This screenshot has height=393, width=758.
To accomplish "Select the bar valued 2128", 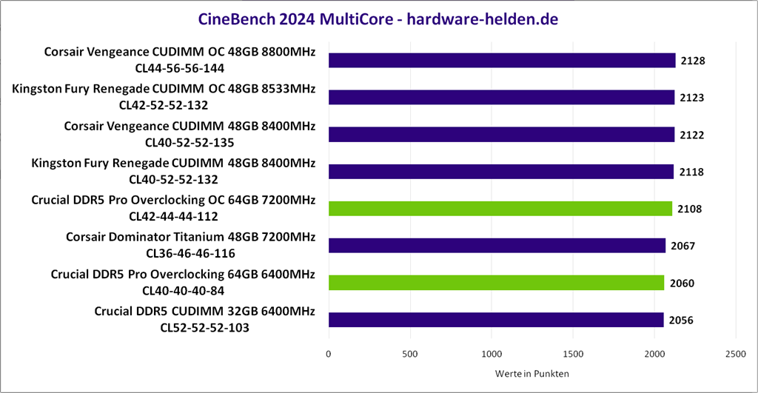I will coord(502,61).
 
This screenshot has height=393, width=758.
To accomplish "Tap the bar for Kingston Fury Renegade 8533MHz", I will coord(501,98).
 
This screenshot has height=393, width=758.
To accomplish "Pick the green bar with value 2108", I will coord(500,209).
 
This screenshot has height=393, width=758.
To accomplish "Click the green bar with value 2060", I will coord(496,283).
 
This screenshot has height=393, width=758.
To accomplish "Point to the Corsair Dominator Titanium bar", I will coord(497,246).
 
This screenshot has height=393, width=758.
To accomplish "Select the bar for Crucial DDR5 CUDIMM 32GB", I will coord(495,320).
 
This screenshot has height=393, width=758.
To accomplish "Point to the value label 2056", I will coord(682,320).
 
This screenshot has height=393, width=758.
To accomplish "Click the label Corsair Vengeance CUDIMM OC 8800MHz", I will coord(180,52).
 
